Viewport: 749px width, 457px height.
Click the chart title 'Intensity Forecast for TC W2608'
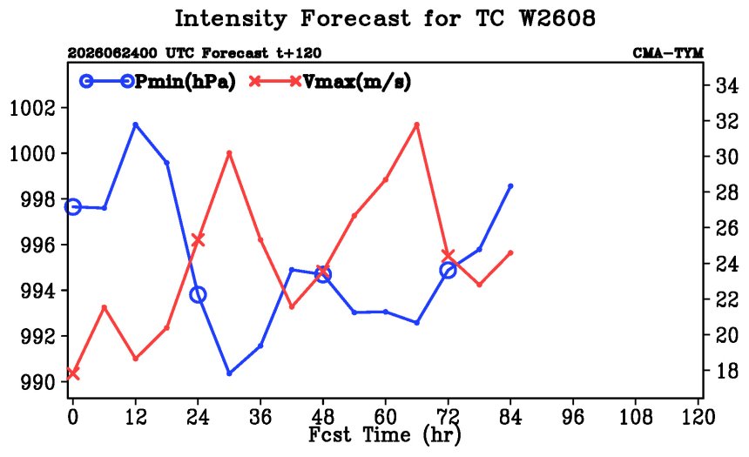(385, 19)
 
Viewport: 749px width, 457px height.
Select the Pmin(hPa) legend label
(186, 82)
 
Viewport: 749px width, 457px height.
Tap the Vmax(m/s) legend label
(357, 82)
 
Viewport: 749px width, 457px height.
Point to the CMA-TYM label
(668, 52)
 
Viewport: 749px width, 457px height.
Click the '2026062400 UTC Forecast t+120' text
(194, 52)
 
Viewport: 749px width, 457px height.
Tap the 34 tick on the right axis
(727, 86)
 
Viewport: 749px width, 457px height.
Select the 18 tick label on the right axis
(727, 371)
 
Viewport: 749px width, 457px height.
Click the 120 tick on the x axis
(698, 417)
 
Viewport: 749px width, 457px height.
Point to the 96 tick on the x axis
(573, 417)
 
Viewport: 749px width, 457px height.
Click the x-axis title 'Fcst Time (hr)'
(385, 435)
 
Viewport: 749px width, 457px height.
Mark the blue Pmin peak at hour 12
(135, 124)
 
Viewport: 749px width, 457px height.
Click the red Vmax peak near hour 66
(416, 124)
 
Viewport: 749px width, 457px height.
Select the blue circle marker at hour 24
(198, 294)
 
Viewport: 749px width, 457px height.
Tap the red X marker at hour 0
(72, 373)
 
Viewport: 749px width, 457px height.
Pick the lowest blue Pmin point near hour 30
(229, 373)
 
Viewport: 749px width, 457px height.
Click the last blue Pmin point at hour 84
(510, 186)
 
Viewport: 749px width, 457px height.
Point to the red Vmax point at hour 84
(510, 252)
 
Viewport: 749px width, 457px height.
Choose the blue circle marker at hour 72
(448, 271)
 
